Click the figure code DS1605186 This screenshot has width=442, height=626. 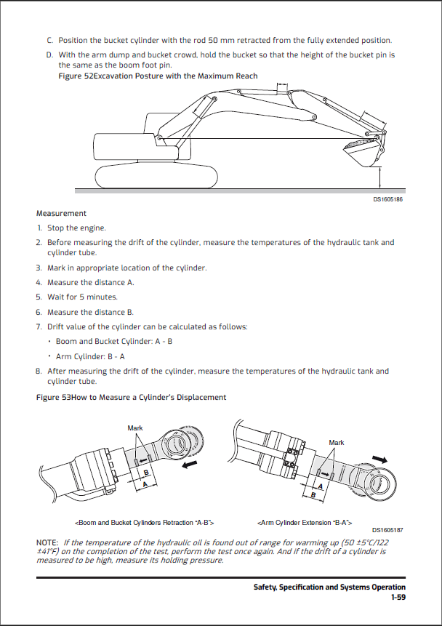point(388,198)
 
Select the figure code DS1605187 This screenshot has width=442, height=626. point(388,531)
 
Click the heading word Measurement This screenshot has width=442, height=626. point(61,214)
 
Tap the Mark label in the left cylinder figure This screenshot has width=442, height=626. point(135,428)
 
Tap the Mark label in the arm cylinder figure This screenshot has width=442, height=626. point(337,442)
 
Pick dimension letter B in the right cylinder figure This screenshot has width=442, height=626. point(313,496)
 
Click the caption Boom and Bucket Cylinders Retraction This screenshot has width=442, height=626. point(145,522)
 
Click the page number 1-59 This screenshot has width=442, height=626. point(398,597)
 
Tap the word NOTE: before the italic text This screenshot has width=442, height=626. point(48,542)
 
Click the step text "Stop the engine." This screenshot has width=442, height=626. point(76,228)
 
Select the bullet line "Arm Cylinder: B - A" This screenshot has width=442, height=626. point(90,356)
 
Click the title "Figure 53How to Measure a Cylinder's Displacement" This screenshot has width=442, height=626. point(131,397)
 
